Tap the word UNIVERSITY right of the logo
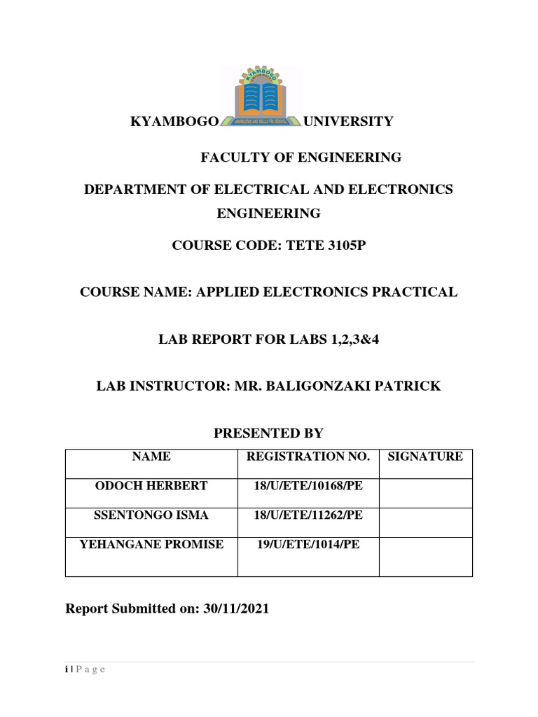click(348, 122)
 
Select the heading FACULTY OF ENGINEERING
click(301, 158)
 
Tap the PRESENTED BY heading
click(268, 434)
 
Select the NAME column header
click(151, 457)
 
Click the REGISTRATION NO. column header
click(308, 457)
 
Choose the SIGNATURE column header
click(425, 457)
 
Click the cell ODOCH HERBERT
click(151, 486)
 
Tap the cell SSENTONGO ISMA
click(151, 515)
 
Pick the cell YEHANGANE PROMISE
click(151, 544)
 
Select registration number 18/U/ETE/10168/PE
click(308, 486)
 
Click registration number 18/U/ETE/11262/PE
click(308, 515)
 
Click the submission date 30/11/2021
click(236, 609)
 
